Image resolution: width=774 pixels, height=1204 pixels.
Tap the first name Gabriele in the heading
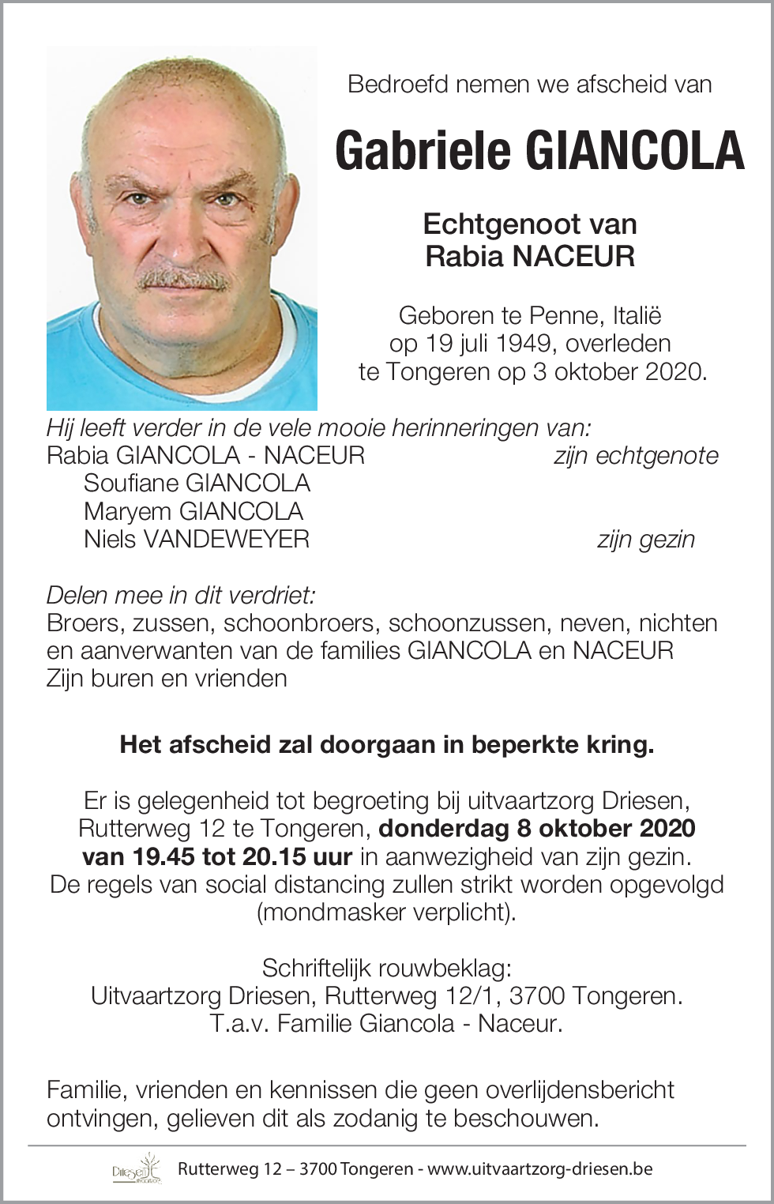click(x=424, y=151)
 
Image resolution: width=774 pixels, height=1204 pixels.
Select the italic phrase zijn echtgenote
click(x=636, y=456)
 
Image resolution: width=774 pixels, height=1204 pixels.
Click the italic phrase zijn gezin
click(x=646, y=540)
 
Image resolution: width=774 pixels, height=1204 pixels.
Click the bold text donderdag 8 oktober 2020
click(x=537, y=829)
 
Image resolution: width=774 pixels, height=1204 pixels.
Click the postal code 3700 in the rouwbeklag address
click(x=537, y=996)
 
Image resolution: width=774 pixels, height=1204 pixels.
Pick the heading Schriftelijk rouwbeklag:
click(x=387, y=969)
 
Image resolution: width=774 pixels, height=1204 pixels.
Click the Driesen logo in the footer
click(x=137, y=1169)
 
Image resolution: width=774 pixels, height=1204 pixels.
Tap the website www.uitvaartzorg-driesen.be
click(x=540, y=1169)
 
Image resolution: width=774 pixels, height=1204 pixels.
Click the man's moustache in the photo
click(x=183, y=279)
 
